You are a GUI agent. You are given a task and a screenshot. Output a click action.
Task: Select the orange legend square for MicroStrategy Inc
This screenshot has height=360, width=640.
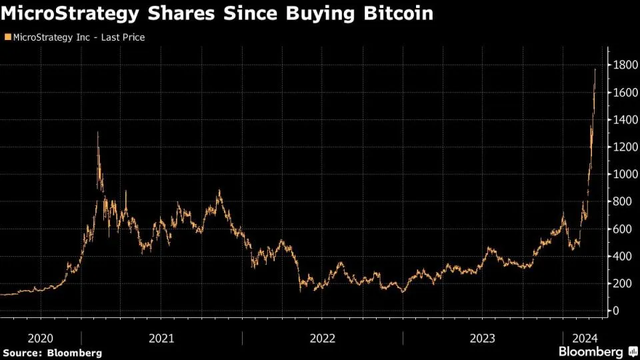(x=7, y=37)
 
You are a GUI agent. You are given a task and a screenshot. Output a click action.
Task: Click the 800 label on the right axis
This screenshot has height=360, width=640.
(x=622, y=202)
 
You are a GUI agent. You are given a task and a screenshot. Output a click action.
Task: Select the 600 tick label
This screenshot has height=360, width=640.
(x=622, y=229)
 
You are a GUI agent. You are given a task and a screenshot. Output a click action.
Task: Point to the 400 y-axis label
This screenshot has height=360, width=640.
(x=622, y=257)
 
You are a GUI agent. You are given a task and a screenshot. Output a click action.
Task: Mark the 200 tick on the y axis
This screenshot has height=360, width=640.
(x=622, y=284)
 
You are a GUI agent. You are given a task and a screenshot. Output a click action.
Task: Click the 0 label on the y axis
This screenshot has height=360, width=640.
(x=616, y=311)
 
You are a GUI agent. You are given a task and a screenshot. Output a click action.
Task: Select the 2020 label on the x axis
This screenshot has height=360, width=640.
(x=41, y=338)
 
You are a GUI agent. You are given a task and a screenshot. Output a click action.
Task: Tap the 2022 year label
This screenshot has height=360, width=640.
(x=323, y=338)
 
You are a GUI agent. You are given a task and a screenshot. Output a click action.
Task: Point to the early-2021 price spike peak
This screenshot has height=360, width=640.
(x=98, y=133)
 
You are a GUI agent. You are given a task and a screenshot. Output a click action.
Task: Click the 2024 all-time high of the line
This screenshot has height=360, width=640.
(x=595, y=69)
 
